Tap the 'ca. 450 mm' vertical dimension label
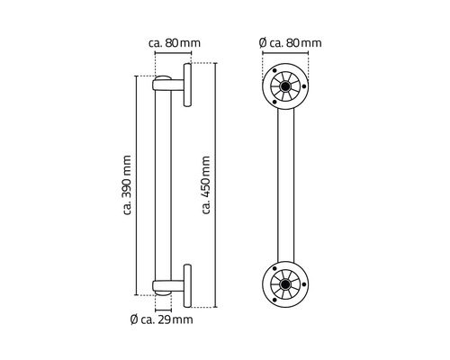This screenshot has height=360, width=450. [x=206, y=186]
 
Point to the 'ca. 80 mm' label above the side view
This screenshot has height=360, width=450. [x=172, y=42]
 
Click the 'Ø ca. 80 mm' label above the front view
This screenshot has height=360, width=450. [x=288, y=42]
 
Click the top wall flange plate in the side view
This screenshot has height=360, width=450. [x=188, y=86]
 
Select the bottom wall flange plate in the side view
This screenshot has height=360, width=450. [x=188, y=285]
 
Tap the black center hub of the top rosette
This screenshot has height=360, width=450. [x=287, y=87]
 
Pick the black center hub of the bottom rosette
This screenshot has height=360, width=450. [x=287, y=286]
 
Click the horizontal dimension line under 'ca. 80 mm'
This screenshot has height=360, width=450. [x=172, y=53]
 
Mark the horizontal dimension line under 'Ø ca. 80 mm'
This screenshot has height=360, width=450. [x=288, y=53]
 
